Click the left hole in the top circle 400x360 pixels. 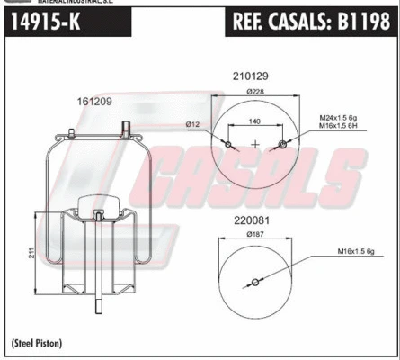[229, 145]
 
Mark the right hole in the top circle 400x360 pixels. [283, 145]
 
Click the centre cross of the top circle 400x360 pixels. [256, 145]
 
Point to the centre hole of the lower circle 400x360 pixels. [255, 283]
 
